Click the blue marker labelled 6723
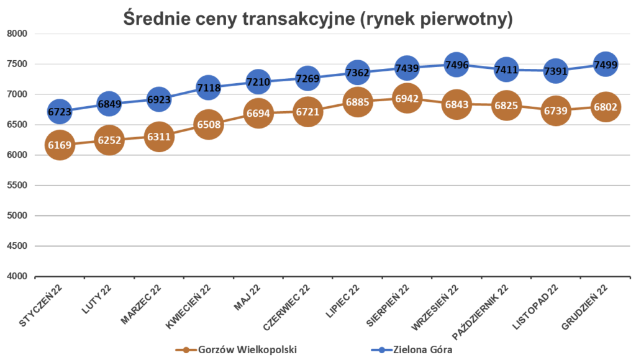(x=59, y=111)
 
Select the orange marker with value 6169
(x=59, y=146)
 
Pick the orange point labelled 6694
(x=258, y=113)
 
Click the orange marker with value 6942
(x=407, y=98)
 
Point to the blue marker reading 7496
(x=457, y=66)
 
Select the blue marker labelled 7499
(x=605, y=65)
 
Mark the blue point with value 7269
(x=307, y=78)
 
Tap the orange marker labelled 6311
(x=158, y=136)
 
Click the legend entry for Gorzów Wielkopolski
(x=236, y=349)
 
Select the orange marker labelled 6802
(x=605, y=106)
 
